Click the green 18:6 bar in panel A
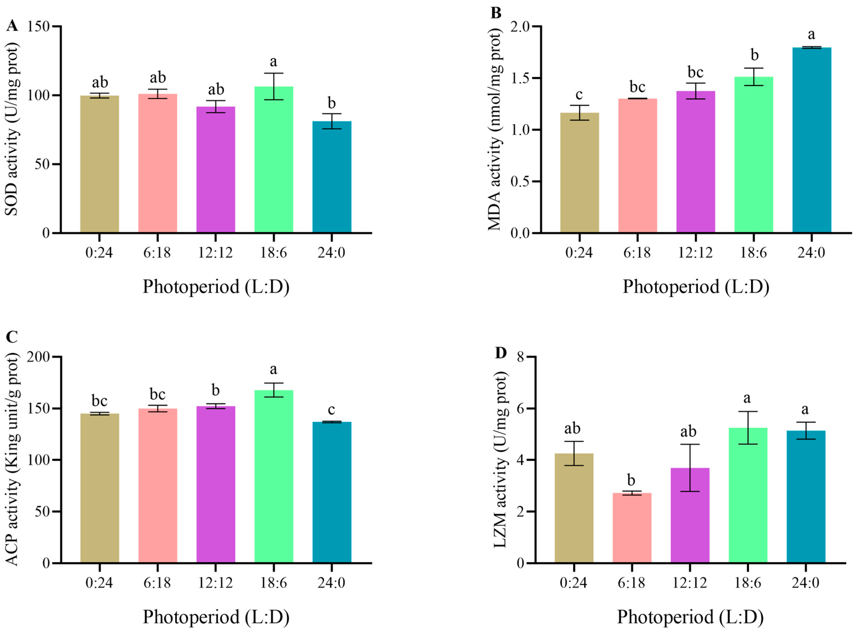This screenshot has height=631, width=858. click(273, 159)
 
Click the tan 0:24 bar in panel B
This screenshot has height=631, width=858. click(580, 173)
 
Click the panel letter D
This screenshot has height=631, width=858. click(501, 353)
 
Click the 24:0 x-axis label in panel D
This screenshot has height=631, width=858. click(806, 583)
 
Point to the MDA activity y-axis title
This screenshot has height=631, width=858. click(495, 130)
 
